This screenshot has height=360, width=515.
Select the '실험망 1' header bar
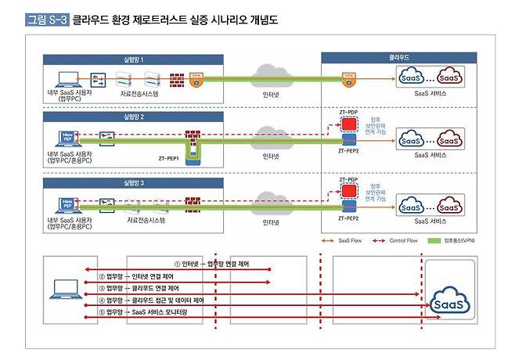129,59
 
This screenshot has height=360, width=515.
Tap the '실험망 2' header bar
129,115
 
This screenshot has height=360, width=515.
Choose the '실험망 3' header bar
129,182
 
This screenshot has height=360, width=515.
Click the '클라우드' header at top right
401,57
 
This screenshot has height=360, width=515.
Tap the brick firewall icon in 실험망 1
177,79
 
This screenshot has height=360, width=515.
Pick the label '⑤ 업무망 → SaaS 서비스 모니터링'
149,312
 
